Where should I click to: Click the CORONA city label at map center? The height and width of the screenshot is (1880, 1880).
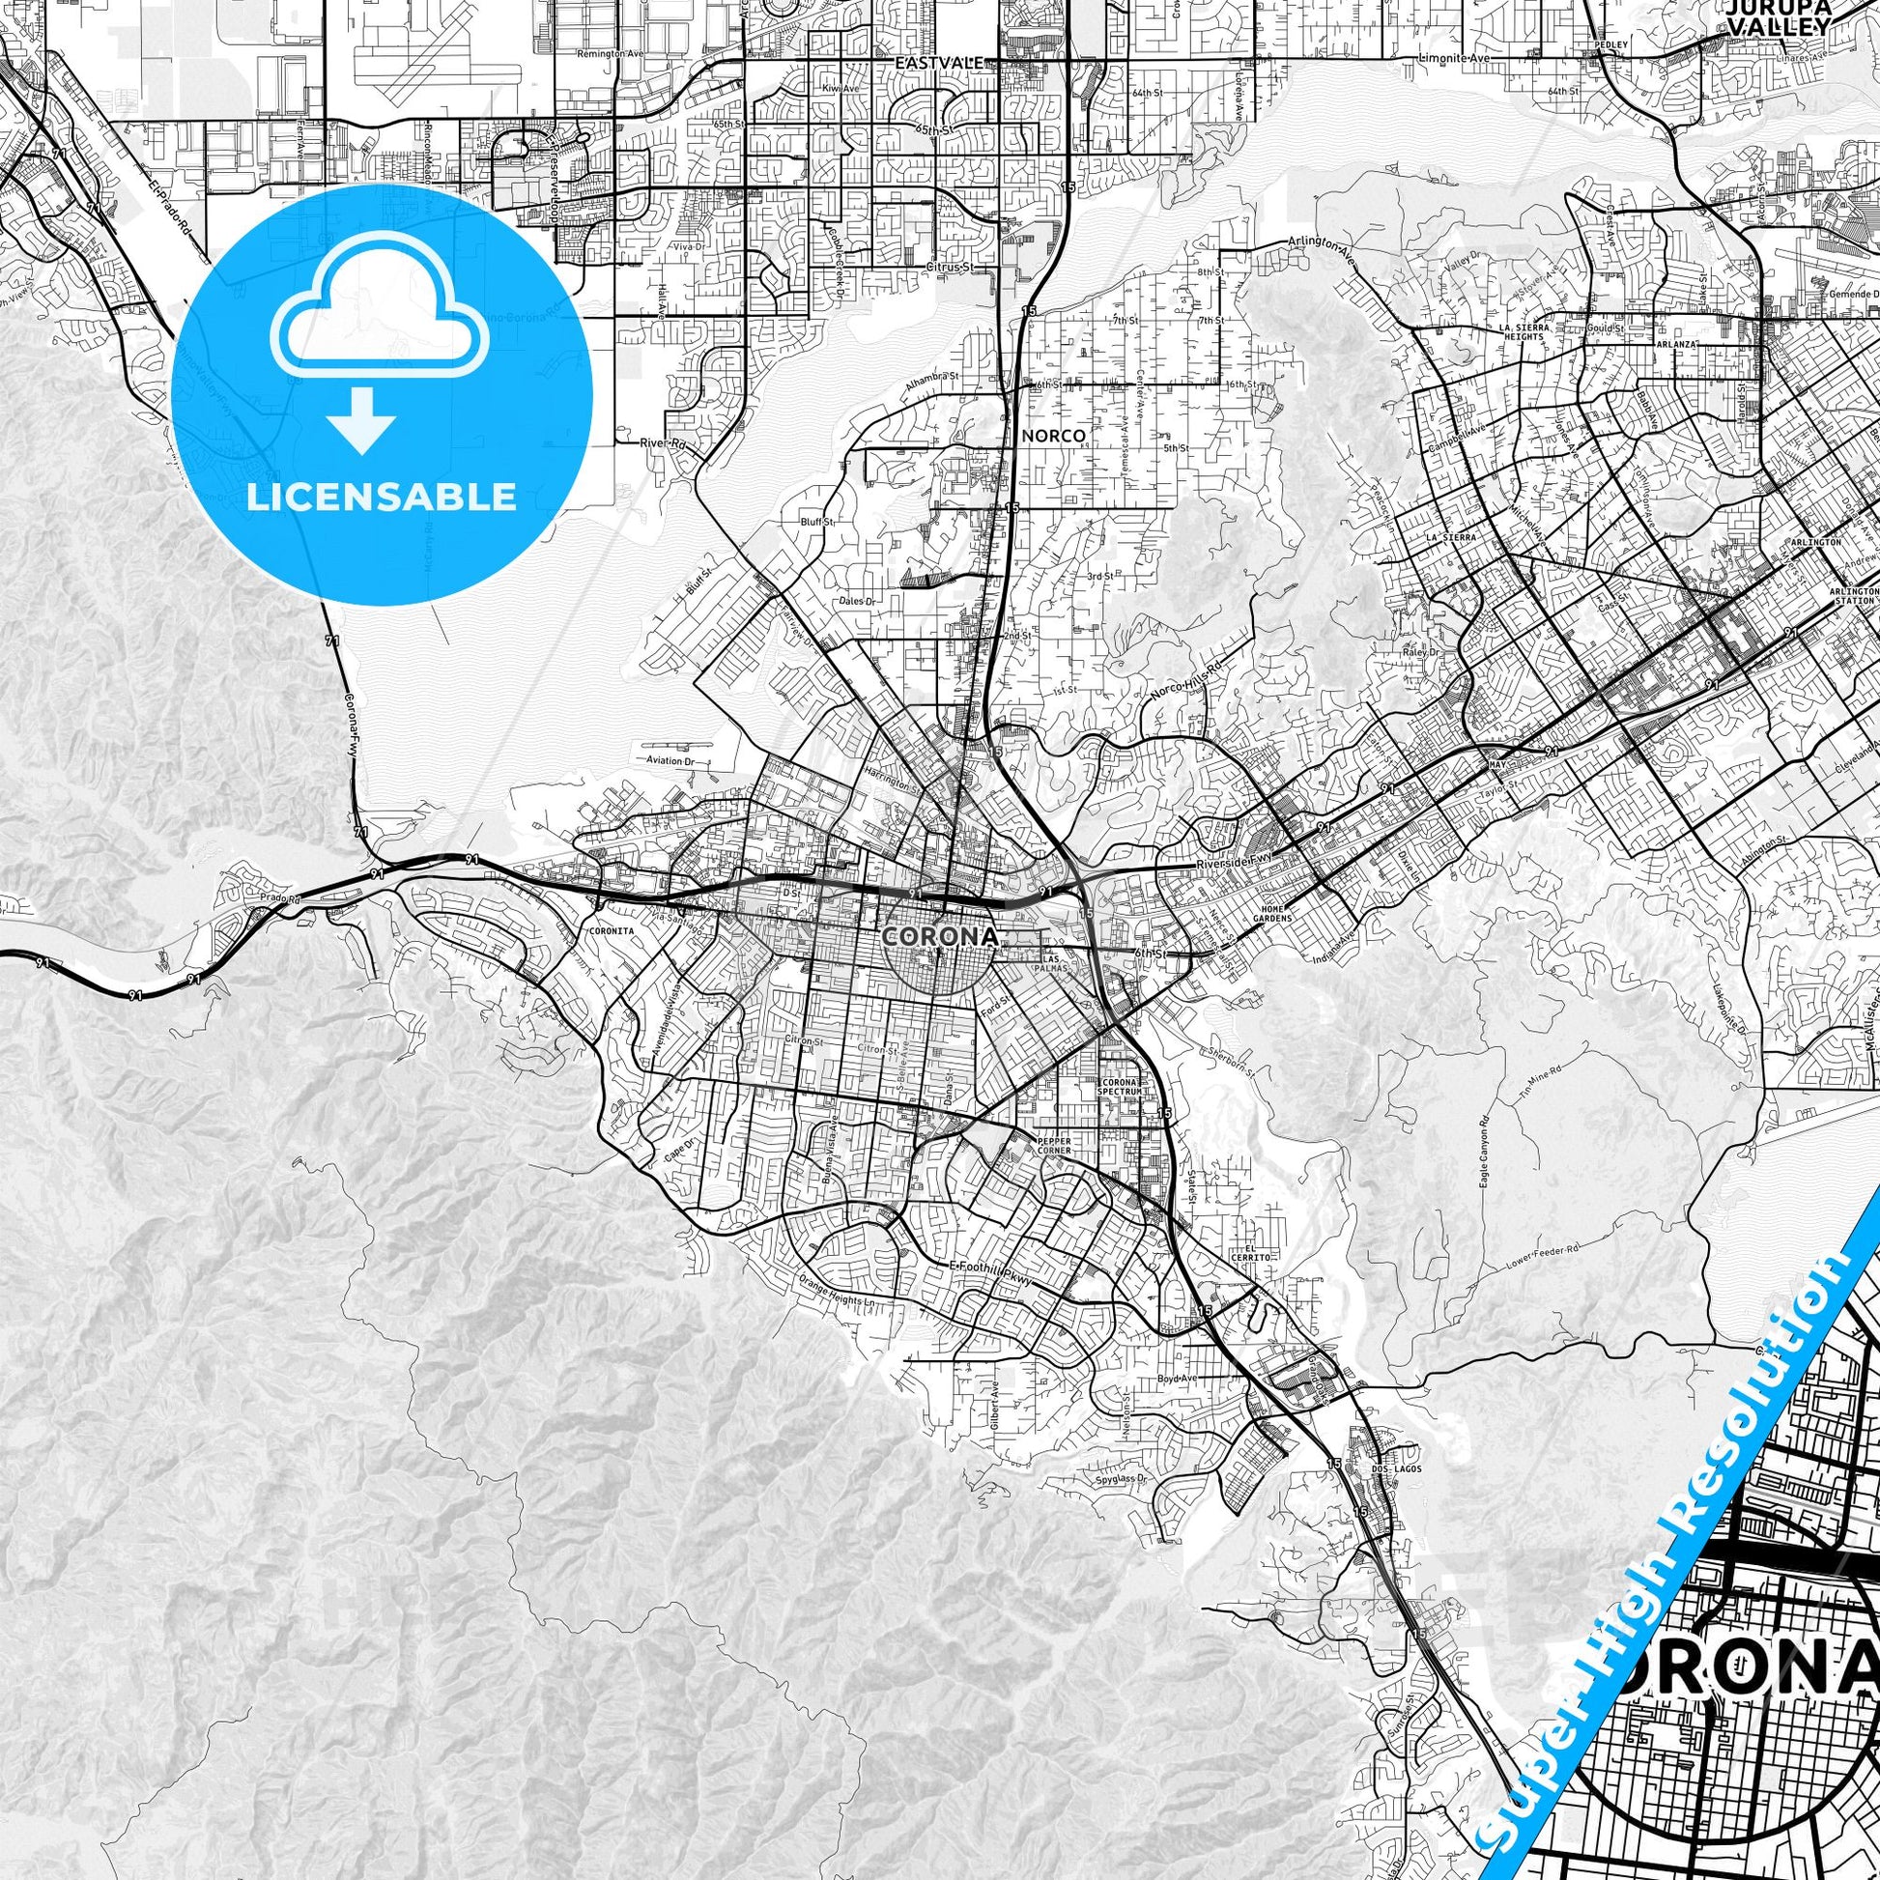coord(939,936)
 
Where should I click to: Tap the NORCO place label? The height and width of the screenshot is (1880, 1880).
coord(1052,435)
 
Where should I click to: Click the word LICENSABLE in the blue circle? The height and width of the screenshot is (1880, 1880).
coord(382,497)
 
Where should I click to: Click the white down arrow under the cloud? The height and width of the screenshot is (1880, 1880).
coord(361,419)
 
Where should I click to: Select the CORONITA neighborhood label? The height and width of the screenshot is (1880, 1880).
coord(612,930)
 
